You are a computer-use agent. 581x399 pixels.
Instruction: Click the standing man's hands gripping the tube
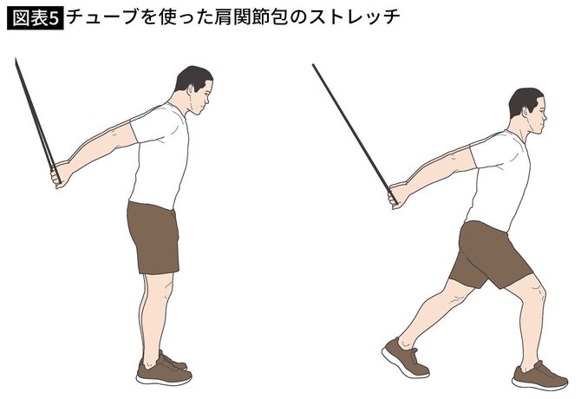pyautogui.click(x=61, y=173)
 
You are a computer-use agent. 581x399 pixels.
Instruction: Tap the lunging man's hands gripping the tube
pyautogui.click(x=398, y=194)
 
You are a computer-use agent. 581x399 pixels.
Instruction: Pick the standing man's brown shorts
pyautogui.click(x=153, y=236)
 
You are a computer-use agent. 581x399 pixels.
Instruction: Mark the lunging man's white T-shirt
pyautogui.click(x=500, y=178)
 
